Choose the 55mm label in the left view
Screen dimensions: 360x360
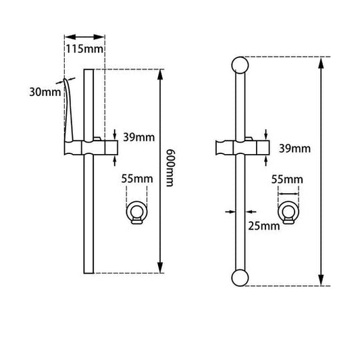tap(138, 180)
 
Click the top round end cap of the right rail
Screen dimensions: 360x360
tap(240, 65)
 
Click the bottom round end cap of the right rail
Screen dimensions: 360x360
tap(240, 278)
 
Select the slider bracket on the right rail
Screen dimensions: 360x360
tap(243, 147)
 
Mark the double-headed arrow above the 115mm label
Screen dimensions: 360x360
tap(84, 36)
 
